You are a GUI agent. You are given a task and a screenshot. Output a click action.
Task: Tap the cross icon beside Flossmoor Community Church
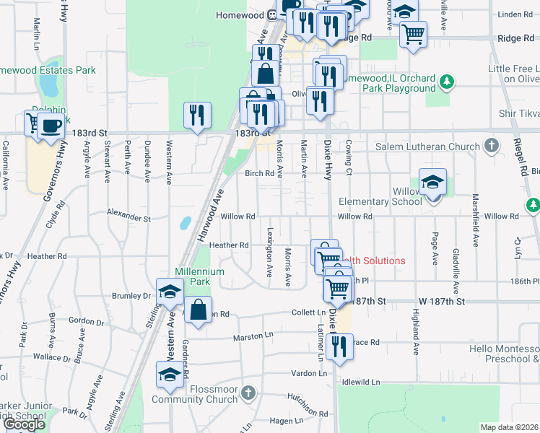(248, 393)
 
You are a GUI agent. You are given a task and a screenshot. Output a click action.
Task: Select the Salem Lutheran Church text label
(428, 146)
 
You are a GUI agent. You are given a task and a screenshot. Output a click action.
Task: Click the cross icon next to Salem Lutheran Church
(491, 146)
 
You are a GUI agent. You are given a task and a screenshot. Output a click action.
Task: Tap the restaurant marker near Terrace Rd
(336, 347)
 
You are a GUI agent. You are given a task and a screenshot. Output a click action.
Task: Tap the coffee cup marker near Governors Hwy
(50, 127)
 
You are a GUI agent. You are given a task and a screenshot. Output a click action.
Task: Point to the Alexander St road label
(128, 216)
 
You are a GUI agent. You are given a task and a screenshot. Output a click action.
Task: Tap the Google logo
(24, 424)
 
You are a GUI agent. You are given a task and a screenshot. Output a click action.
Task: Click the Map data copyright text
(509, 427)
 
